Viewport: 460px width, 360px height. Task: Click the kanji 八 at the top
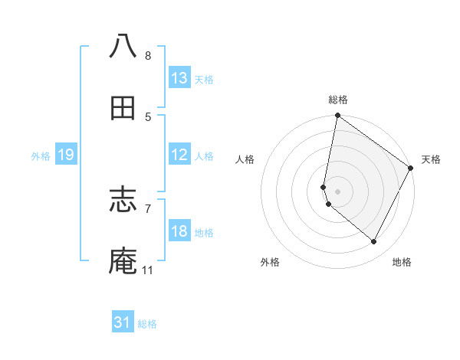(x=123, y=45)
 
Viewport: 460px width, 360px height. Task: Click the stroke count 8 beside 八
(x=148, y=55)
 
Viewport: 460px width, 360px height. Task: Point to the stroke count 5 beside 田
(x=148, y=117)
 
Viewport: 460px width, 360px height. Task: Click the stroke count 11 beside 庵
(x=148, y=270)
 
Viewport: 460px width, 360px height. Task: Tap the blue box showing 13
(x=179, y=78)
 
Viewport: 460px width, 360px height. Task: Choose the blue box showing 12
(x=179, y=155)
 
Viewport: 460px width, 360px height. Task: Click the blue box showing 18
(x=179, y=231)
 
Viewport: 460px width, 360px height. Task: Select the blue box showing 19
(x=66, y=155)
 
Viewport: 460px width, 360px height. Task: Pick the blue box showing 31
(x=123, y=322)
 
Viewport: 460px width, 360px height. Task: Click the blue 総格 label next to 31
(x=147, y=324)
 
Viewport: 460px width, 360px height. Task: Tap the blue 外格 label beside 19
(x=41, y=156)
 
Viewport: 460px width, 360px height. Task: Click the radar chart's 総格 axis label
(x=338, y=100)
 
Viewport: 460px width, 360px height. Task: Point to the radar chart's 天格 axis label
(x=431, y=159)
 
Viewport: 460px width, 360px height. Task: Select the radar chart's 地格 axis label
(x=402, y=262)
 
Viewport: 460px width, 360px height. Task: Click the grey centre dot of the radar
(x=338, y=191)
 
